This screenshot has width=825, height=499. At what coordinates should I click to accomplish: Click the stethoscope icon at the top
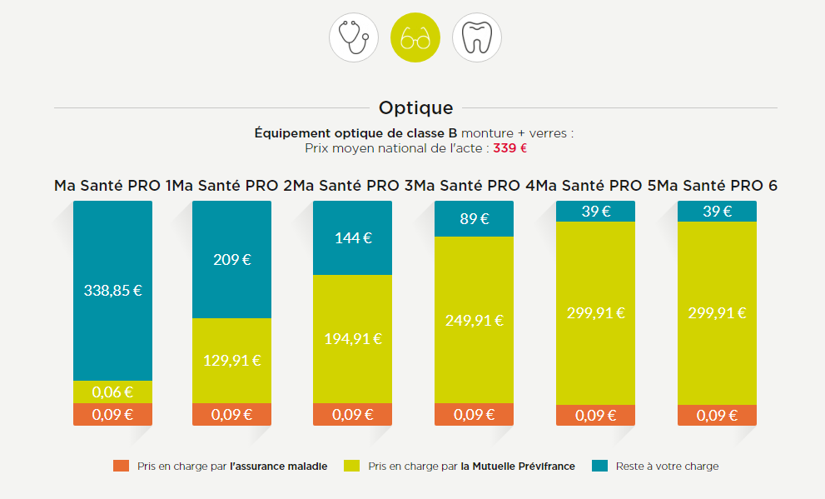click(x=354, y=38)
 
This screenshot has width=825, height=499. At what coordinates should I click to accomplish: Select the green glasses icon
click(x=415, y=38)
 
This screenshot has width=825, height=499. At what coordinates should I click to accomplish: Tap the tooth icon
click(x=477, y=38)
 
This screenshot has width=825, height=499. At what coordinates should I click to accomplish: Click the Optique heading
click(x=415, y=107)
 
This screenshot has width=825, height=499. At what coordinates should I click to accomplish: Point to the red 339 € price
click(x=509, y=148)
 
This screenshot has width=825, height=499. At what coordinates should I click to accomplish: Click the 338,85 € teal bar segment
click(x=112, y=290)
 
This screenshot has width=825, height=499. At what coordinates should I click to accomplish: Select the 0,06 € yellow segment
click(x=112, y=392)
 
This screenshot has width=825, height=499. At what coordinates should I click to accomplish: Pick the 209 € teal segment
click(x=231, y=259)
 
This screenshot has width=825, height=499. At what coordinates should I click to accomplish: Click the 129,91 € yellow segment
click(x=231, y=360)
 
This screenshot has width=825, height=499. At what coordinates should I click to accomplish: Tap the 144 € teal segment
click(x=352, y=237)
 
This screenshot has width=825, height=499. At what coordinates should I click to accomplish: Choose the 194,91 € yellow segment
click(x=352, y=338)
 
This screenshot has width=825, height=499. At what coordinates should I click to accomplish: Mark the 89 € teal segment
click(x=474, y=219)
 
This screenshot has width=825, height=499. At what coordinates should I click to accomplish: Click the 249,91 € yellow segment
click(x=474, y=320)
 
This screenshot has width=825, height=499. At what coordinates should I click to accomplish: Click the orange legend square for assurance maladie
click(x=121, y=466)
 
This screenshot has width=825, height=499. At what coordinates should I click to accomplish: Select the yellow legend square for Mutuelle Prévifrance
click(x=351, y=466)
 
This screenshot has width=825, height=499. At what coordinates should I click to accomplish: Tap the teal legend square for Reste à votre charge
click(x=599, y=466)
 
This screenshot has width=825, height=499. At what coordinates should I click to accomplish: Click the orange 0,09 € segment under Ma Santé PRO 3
click(x=352, y=414)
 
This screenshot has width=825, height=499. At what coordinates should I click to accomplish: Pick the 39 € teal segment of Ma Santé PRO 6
click(x=717, y=211)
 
